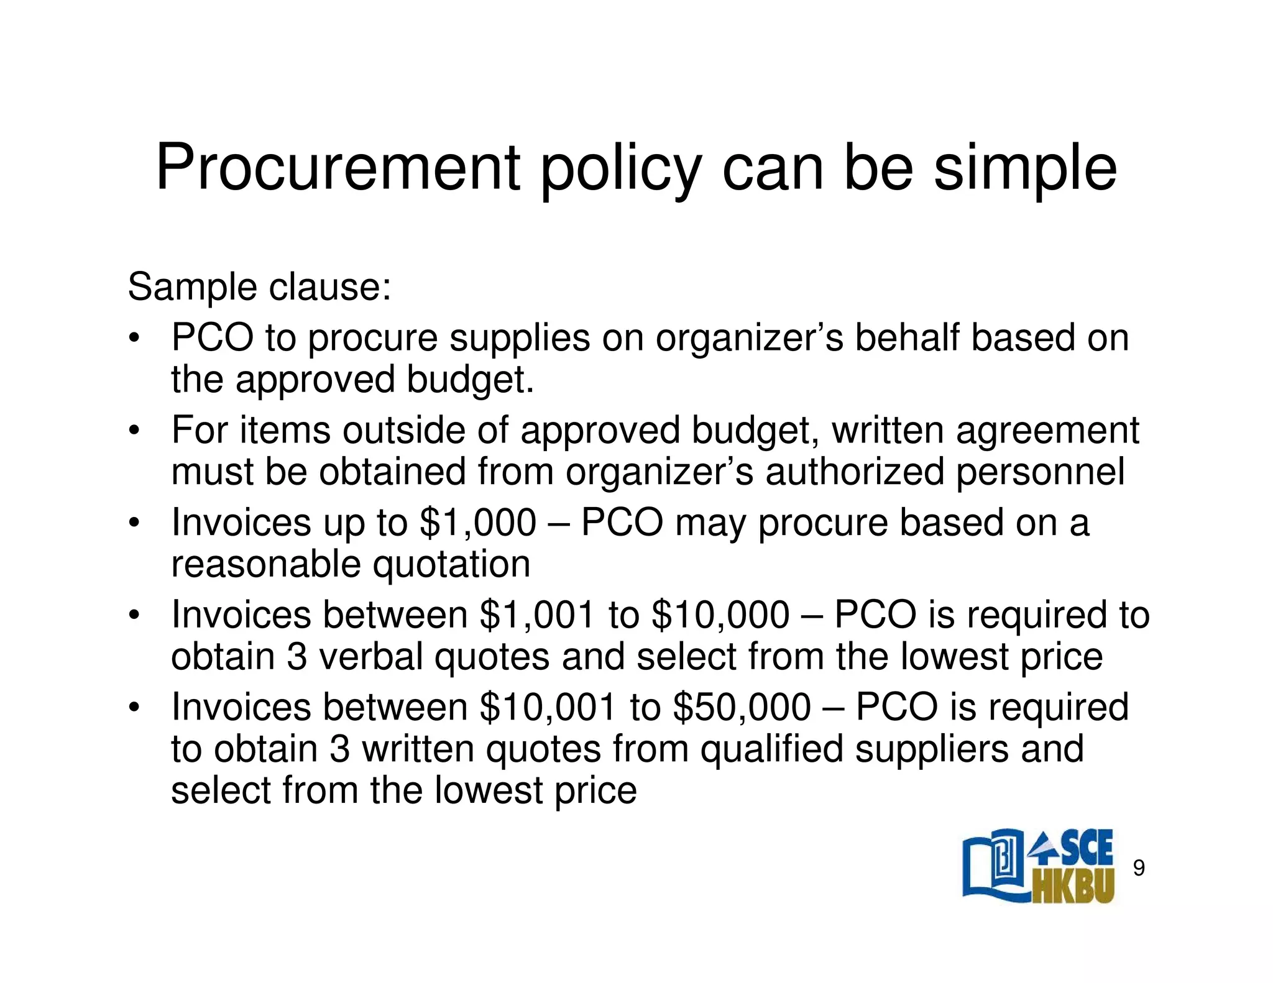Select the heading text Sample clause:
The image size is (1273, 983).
[x=259, y=287]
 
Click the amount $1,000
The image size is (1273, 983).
[x=477, y=522]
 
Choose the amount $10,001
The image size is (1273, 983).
[x=548, y=707]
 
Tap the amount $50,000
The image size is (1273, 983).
[x=742, y=707]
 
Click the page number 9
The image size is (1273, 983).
[x=1138, y=867]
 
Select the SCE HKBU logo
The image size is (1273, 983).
[x=1038, y=866]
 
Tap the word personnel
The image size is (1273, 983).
[x=1039, y=472]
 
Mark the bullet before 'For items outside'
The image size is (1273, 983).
[x=133, y=431]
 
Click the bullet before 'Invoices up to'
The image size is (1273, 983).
[x=133, y=523]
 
